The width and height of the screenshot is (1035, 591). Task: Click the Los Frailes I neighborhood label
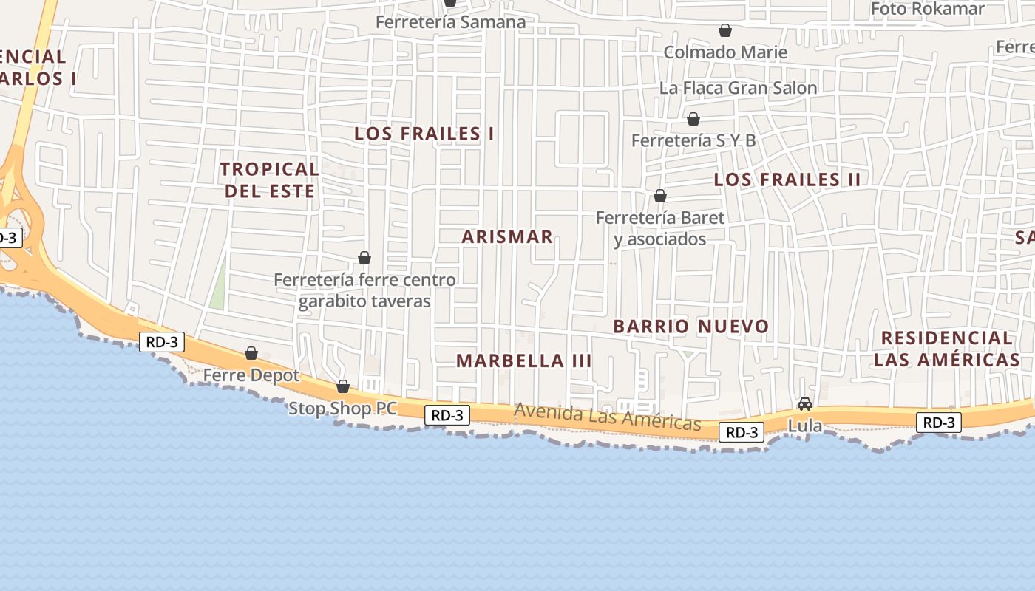point(424,134)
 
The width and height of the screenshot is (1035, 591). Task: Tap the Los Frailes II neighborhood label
point(787,180)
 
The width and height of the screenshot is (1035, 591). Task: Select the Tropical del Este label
point(270,180)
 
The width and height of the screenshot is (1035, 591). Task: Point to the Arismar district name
point(507,236)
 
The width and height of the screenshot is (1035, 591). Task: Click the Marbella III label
point(523,361)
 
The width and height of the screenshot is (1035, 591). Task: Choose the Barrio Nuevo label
point(691,326)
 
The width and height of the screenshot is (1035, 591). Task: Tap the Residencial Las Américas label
point(946,349)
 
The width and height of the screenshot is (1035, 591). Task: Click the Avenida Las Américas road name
point(607,417)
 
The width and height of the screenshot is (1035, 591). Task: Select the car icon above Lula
point(804,404)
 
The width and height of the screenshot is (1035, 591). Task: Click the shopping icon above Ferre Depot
point(251,353)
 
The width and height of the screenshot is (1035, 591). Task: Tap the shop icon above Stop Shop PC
point(343,386)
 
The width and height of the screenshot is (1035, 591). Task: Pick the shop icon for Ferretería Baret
point(660,196)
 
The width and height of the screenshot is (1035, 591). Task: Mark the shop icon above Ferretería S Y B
point(693,119)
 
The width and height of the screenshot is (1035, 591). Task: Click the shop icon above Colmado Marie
point(725,30)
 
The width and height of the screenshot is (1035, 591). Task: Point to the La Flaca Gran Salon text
point(738,88)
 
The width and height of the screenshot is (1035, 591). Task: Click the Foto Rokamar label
point(927,9)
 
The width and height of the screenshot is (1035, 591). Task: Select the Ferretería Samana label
point(450,22)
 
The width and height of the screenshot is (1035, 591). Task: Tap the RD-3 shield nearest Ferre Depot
point(161,342)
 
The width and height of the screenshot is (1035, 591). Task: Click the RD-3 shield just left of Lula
point(742,432)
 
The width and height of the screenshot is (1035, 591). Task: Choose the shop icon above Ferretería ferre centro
point(364,258)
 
